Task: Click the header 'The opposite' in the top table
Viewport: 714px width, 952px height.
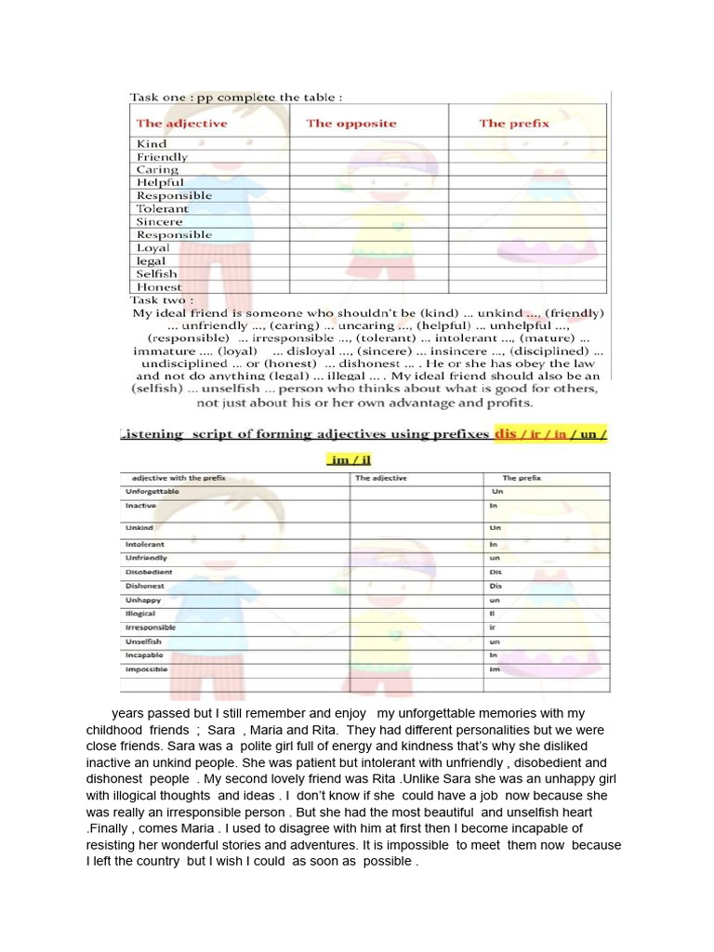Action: (x=350, y=124)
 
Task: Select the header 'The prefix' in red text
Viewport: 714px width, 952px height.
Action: (x=514, y=124)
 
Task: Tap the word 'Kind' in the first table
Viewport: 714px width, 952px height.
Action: (x=152, y=144)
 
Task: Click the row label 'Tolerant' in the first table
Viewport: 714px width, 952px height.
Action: (x=162, y=209)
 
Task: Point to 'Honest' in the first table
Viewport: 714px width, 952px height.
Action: (x=159, y=287)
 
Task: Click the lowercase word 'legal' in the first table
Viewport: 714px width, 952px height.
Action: (x=151, y=261)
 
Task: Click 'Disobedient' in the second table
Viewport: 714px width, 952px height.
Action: (x=149, y=572)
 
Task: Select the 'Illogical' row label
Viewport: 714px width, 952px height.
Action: (x=140, y=614)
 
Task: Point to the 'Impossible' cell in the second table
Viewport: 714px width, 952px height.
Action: (x=146, y=669)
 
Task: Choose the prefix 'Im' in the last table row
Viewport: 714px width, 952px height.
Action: (x=495, y=669)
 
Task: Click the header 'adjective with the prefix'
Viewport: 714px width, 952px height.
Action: (x=176, y=478)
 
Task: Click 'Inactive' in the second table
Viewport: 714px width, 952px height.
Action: (x=140, y=505)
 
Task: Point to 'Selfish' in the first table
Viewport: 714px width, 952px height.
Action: (x=156, y=274)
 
